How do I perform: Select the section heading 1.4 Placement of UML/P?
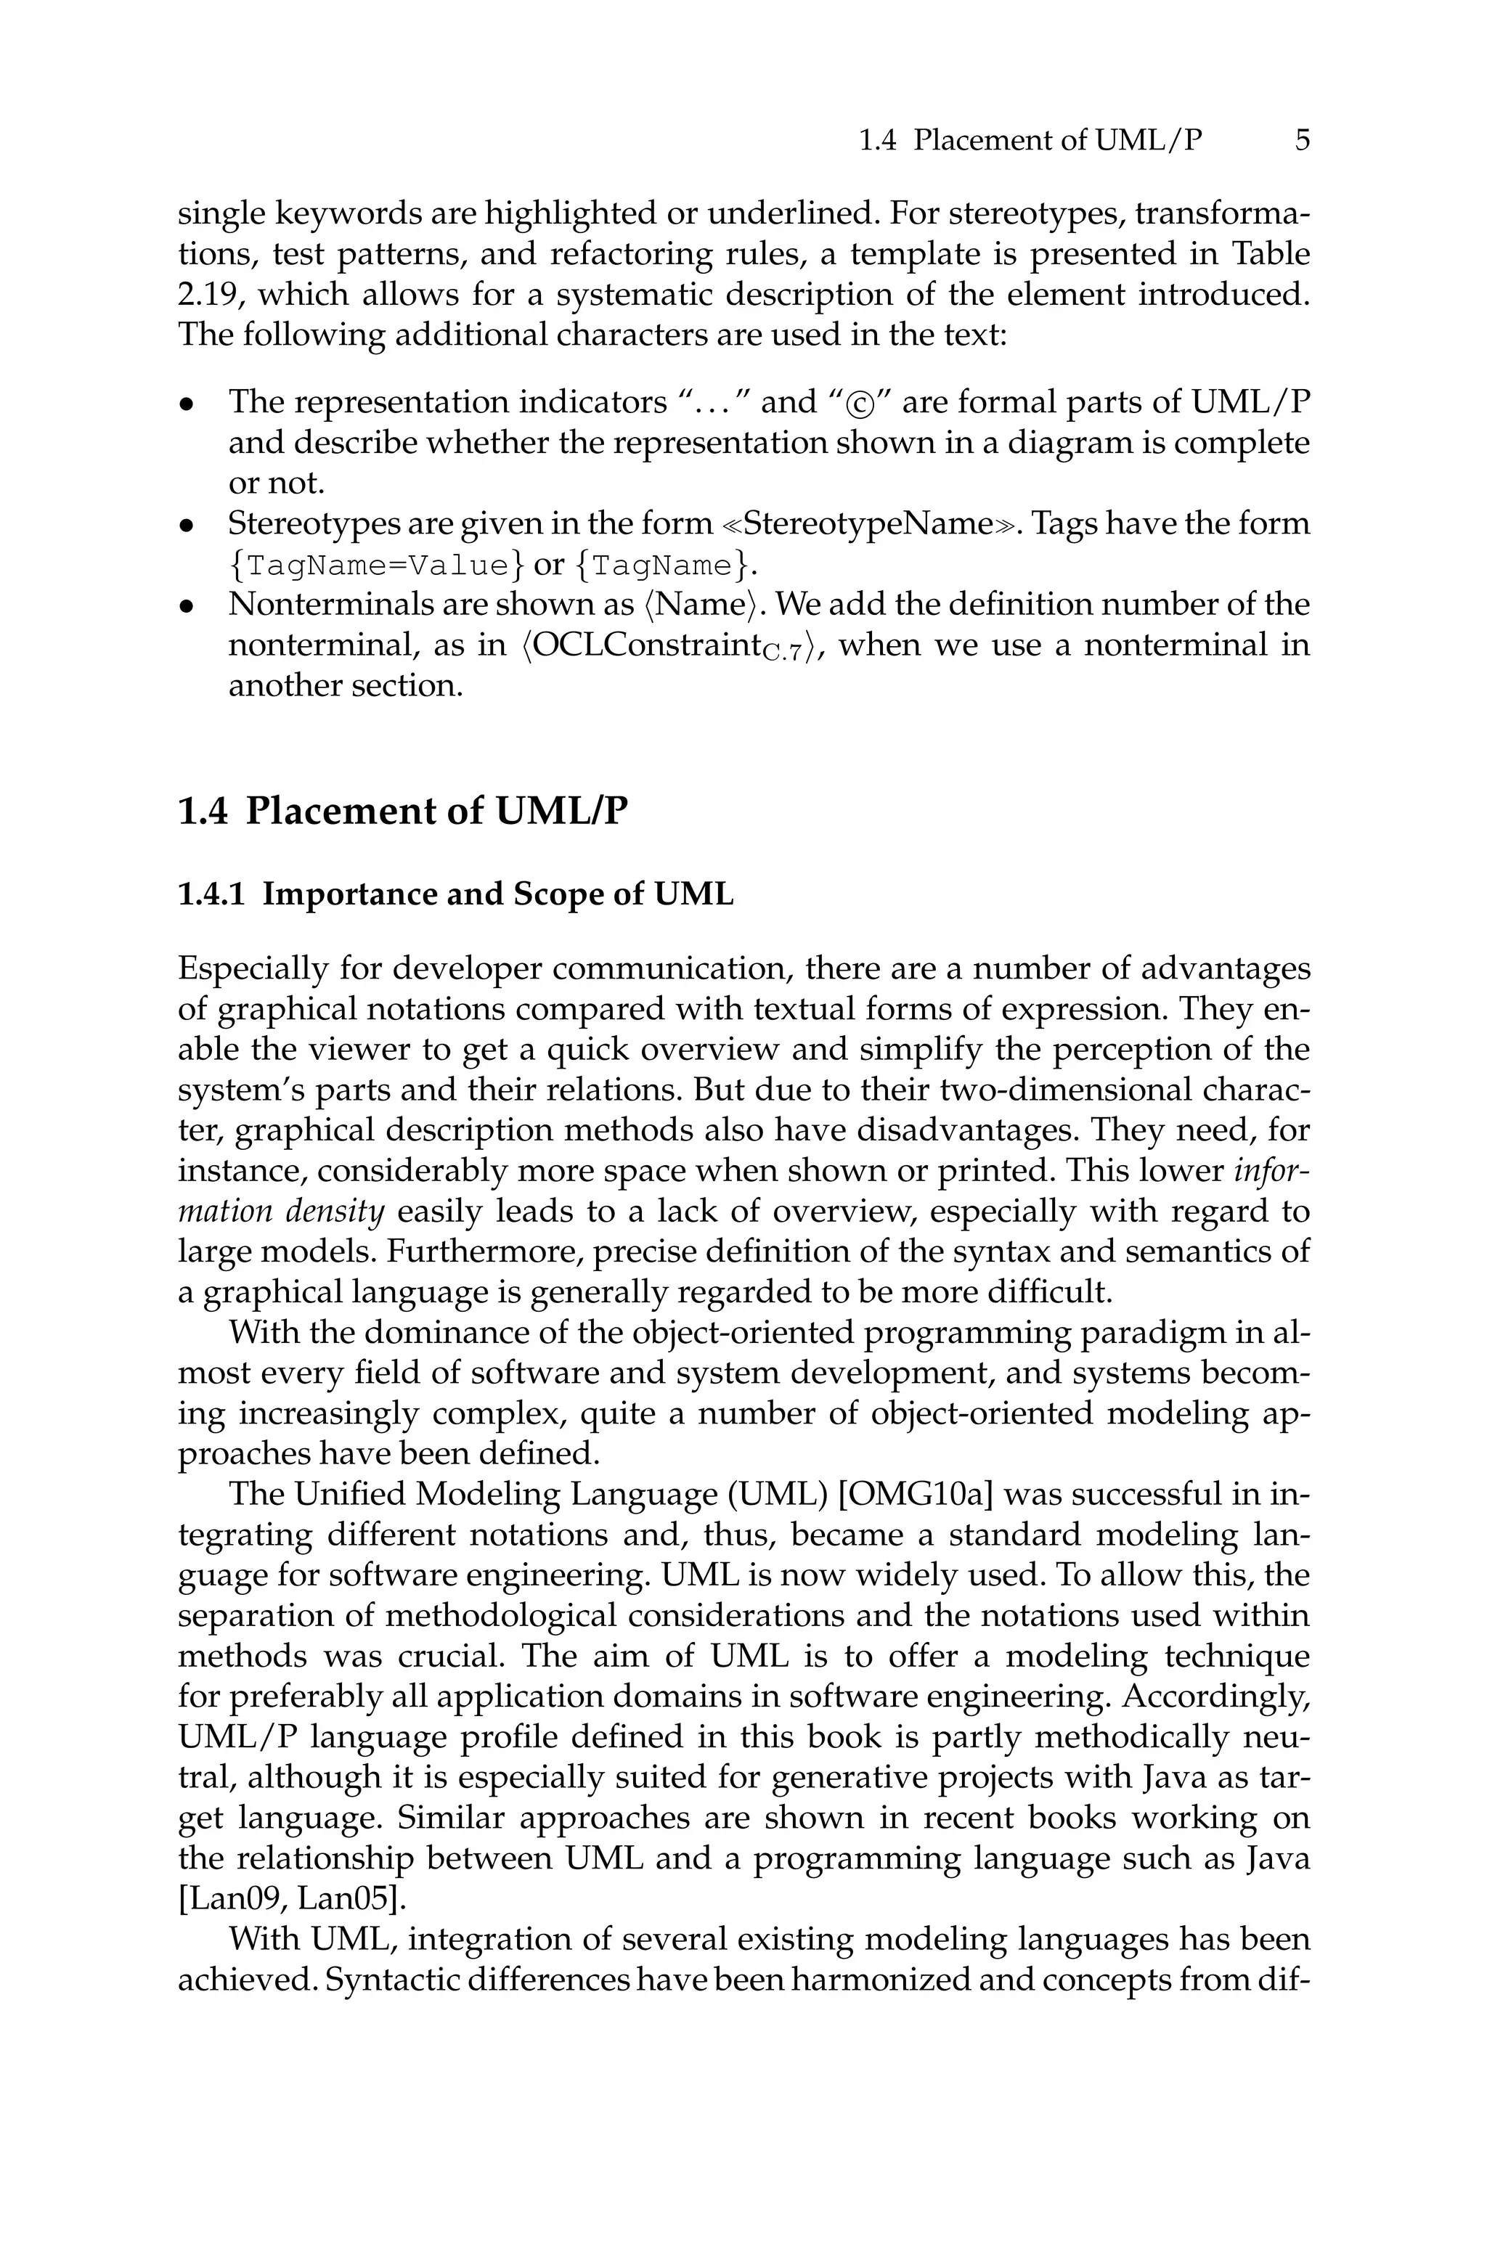coord(403,812)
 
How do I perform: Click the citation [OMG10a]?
coord(915,1495)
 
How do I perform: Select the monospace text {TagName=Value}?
coord(375,566)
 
